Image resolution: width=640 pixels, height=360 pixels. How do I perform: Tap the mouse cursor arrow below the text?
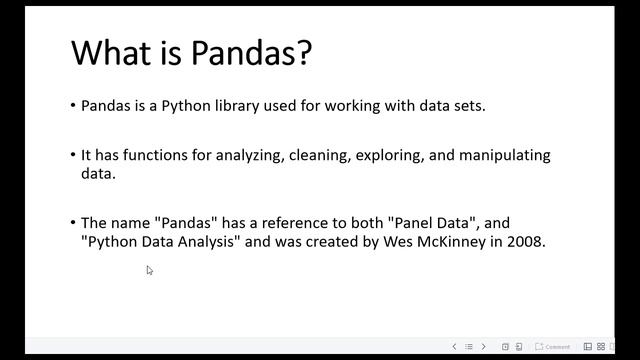pos(149,269)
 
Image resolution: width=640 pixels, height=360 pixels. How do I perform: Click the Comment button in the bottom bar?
pos(553,347)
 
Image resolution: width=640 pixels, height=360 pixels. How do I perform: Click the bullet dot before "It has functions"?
pos(73,156)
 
